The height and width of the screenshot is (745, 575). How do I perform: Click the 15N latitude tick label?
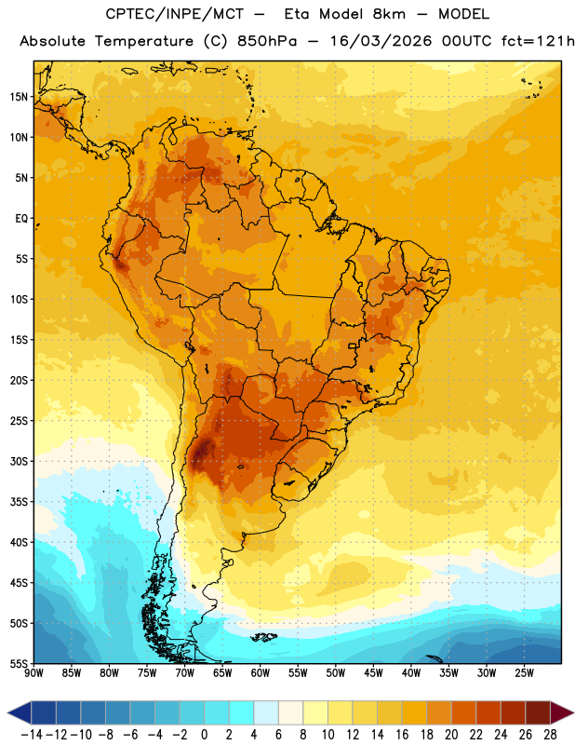pyautogui.click(x=19, y=97)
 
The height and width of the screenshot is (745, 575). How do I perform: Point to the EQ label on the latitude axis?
pyautogui.click(x=21, y=219)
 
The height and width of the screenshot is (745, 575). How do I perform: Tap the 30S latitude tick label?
pyautogui.click(x=19, y=461)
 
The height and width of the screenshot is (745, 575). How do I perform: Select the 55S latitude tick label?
pyautogui.click(x=19, y=664)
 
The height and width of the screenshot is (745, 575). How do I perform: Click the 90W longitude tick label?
pyautogui.click(x=33, y=673)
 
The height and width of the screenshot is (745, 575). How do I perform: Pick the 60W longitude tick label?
pyautogui.click(x=261, y=673)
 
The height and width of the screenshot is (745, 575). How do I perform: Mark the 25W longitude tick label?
pyautogui.click(x=524, y=673)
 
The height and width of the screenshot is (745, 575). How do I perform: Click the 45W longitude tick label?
pyautogui.click(x=373, y=673)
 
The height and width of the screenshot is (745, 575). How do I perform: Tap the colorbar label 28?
pyautogui.click(x=550, y=735)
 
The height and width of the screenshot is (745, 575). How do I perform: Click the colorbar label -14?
pyautogui.click(x=31, y=735)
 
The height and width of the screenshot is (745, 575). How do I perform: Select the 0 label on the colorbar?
pyautogui.click(x=205, y=735)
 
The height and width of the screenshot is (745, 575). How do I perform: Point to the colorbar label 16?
pyautogui.click(x=402, y=735)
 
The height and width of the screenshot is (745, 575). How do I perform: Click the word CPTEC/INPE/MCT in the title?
pyautogui.click(x=174, y=14)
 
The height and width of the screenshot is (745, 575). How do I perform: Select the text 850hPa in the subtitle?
pyautogui.click(x=266, y=41)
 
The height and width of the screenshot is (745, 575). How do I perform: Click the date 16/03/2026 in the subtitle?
pyautogui.click(x=381, y=41)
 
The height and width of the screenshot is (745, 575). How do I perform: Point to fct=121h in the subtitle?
pyautogui.click(x=538, y=41)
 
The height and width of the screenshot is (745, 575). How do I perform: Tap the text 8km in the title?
pyautogui.click(x=389, y=14)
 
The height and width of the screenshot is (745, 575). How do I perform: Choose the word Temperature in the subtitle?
pyautogui.click(x=144, y=42)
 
